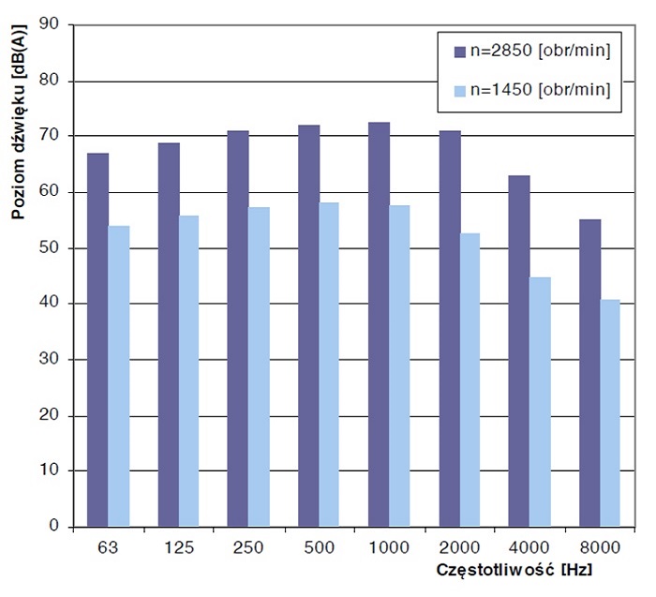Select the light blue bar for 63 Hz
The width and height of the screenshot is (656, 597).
click(119, 376)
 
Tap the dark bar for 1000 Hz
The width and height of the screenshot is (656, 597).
click(379, 324)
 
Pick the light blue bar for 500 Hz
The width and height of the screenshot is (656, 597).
click(330, 365)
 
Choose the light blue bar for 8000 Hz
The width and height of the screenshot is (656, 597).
click(611, 413)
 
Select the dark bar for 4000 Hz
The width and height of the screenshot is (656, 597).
click(519, 351)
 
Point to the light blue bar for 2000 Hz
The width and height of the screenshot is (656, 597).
click(470, 380)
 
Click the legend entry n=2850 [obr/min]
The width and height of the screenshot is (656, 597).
click(544, 51)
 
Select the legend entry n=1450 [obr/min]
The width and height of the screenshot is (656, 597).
click(544, 90)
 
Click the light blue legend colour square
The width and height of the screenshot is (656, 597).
click(459, 90)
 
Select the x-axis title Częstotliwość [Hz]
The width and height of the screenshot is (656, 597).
click(514, 569)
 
